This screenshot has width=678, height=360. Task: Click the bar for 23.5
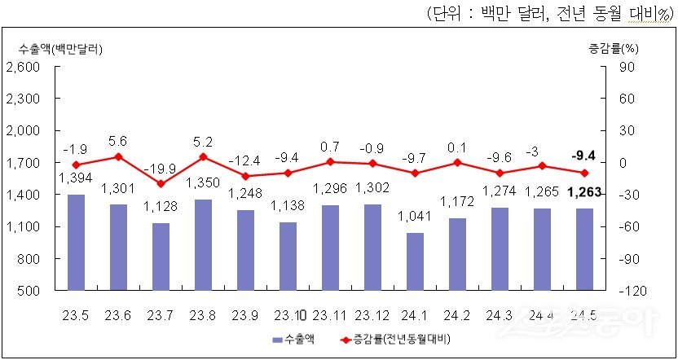(x=76, y=242)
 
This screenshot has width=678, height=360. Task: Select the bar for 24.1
(x=415, y=261)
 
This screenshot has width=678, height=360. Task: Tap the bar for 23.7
(x=161, y=257)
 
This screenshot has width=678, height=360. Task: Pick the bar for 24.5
(x=584, y=249)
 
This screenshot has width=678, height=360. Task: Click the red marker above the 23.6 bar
(x=118, y=156)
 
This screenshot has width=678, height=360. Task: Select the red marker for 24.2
(x=457, y=162)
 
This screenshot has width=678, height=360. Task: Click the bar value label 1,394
(x=76, y=179)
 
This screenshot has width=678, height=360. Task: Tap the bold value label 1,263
(x=584, y=193)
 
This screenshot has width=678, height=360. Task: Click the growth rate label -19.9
(x=161, y=169)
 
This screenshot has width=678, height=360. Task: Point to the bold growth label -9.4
(x=584, y=154)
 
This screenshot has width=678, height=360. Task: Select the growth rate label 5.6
(x=118, y=140)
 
